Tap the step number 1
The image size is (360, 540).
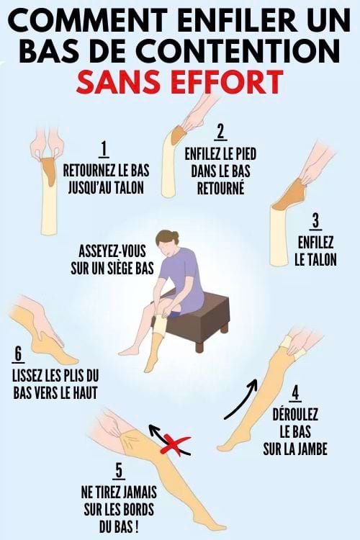(x=104, y=149)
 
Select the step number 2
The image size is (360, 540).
(x=220, y=131)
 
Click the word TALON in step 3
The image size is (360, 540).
(x=315, y=259)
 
